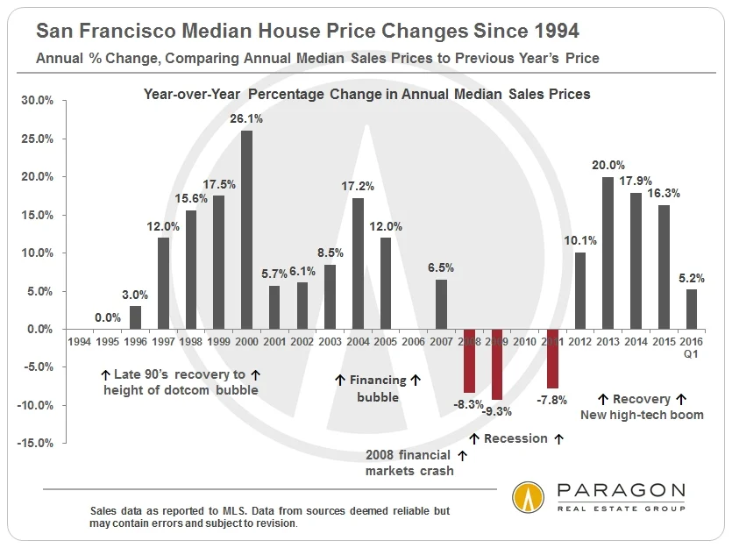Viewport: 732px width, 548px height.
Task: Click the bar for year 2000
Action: pyautogui.click(x=246, y=230)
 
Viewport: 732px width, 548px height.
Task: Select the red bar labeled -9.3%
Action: pyautogui.click(x=497, y=364)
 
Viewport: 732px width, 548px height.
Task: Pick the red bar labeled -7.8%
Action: pyautogui.click(x=552, y=359)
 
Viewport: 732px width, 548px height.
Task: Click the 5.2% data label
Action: pyautogui.click(x=692, y=278)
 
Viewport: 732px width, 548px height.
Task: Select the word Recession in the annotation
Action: pyautogui.click(x=515, y=438)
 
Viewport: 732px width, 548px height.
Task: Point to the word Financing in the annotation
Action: pyautogui.click(x=378, y=381)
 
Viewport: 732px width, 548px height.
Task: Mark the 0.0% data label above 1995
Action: pyautogui.click(x=108, y=317)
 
